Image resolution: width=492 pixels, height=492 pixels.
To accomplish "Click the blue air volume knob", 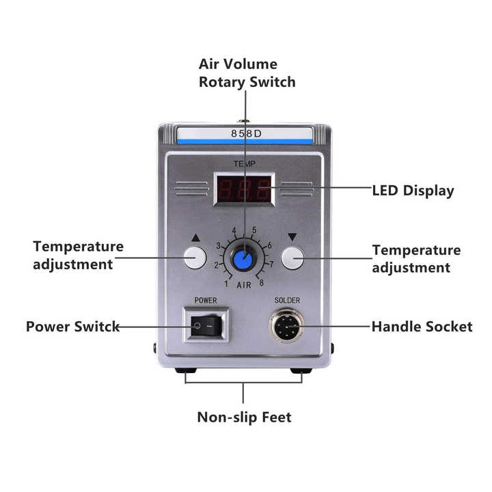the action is [243, 260].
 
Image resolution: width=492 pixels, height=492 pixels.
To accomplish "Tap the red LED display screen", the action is [244, 189].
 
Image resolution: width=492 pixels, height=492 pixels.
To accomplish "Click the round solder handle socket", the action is [287, 326].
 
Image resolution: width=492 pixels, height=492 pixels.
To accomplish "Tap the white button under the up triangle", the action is [195, 258].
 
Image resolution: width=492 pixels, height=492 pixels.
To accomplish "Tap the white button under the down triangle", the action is [292, 258].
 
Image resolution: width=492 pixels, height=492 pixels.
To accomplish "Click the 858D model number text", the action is [246, 134].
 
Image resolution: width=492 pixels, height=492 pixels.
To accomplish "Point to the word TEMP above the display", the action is [245, 163].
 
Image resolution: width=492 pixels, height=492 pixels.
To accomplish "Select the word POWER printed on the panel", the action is [206, 300].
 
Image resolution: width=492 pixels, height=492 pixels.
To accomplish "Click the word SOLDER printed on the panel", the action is [287, 300].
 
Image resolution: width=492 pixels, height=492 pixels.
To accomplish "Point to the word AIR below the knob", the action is [244, 285].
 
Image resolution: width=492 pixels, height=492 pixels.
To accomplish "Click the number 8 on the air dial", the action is [261, 283].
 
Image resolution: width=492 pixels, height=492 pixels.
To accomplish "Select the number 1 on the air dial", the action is [226, 284].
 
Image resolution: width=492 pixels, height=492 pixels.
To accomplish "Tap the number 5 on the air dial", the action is [254, 230].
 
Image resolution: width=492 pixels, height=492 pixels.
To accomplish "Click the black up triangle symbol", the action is [195, 238].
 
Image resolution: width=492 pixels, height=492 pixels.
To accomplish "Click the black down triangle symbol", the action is [292, 237].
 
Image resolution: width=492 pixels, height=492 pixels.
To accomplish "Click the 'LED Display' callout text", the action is [413, 191].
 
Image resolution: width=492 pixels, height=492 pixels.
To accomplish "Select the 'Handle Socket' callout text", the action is [422, 327].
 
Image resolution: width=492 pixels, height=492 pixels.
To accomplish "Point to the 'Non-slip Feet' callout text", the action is [244, 418].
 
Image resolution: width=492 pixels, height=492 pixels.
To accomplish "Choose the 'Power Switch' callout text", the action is [73, 327].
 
